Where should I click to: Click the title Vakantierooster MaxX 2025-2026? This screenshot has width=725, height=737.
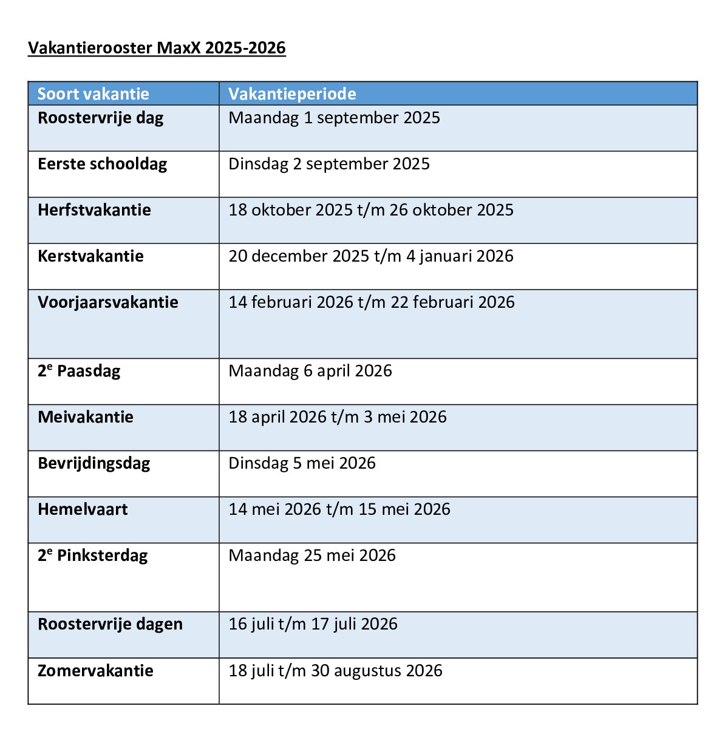coord(157,48)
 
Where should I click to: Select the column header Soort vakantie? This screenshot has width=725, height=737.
coord(93,94)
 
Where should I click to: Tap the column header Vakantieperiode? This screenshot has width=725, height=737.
coord(292,94)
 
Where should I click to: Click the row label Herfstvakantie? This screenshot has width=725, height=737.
coord(94,210)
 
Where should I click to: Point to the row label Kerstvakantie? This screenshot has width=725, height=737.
coord(90,256)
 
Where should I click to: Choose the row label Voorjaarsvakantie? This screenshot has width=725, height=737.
coord(108,302)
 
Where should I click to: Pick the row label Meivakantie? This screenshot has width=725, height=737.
coord(86,417)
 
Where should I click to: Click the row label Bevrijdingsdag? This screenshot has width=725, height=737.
coord(94,464)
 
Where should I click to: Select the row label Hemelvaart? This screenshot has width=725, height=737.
coord(83,509)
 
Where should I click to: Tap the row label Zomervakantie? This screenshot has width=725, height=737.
coord(95,671)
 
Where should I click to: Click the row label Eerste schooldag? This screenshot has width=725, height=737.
coord(102,164)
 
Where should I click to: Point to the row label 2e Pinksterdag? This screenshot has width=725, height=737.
coord(92,555)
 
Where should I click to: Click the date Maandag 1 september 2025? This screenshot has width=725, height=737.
coord(334,118)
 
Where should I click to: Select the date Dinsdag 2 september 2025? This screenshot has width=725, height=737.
coord(328,164)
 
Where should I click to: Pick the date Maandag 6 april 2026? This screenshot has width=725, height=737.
coord(310,371)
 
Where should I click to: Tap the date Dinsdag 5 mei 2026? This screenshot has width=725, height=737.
coord(302,463)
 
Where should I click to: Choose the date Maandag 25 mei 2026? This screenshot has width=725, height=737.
coord(311,555)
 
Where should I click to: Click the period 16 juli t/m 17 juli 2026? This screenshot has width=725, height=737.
coord(313,624)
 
